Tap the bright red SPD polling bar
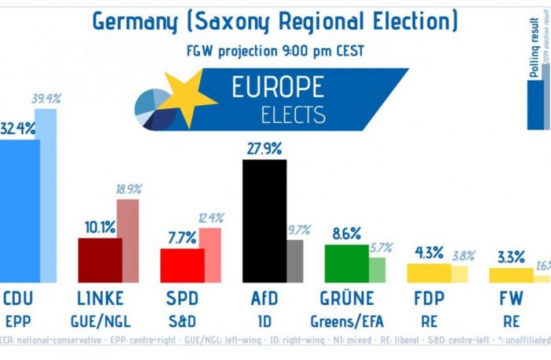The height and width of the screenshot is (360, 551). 182,265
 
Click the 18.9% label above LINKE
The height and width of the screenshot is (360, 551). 129,189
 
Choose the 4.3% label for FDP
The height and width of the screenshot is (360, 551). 429,253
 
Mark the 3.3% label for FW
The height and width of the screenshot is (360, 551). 510,256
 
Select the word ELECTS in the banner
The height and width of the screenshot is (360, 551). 294,115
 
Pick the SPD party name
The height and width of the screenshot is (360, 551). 182,299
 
